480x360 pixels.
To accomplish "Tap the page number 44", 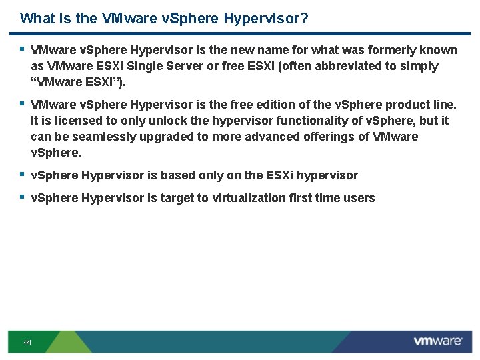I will pyautogui.click(x=27, y=342).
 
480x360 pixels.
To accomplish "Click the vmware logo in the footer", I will pyautogui.click(x=437, y=341).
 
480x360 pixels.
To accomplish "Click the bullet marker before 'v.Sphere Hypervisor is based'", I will pyautogui.click(x=22, y=175).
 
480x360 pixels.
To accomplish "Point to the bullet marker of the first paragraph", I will pyautogui.click(x=22, y=49).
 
